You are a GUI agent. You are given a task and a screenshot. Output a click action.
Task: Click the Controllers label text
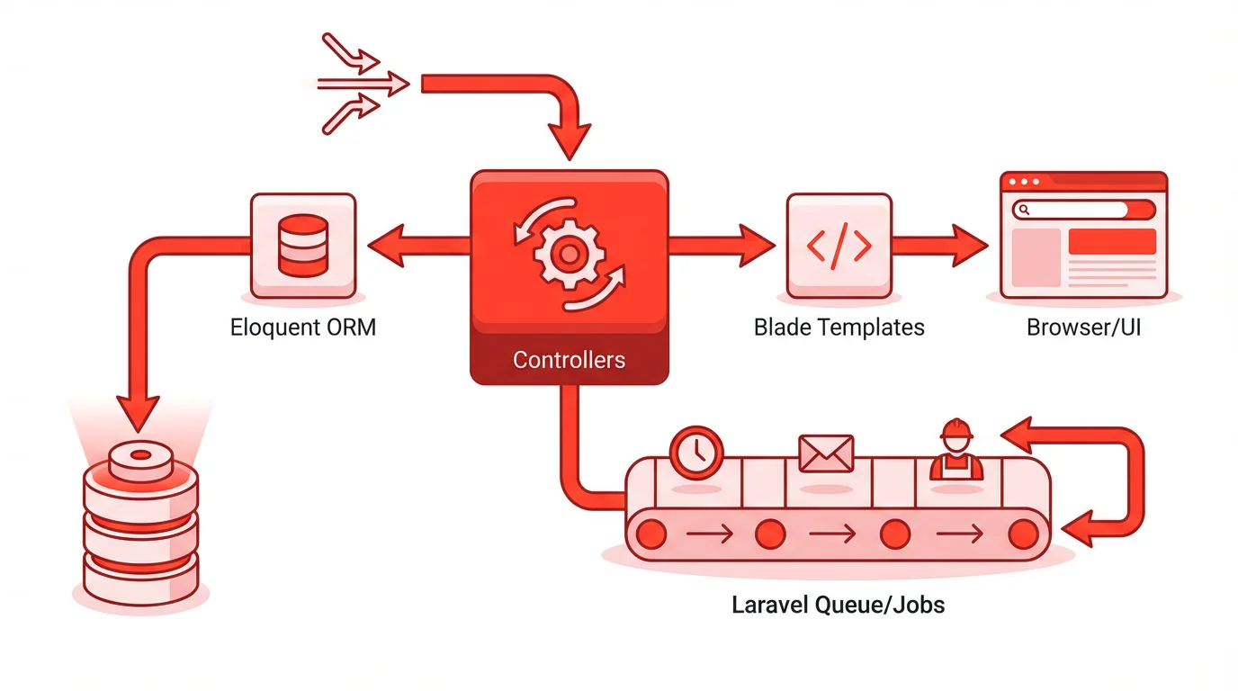click(x=569, y=360)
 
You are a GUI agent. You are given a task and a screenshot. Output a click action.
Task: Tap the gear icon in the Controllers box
click(x=569, y=254)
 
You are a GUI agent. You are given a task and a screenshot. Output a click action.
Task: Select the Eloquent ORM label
click(x=303, y=327)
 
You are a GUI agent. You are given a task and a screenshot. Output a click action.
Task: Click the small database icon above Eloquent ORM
click(x=303, y=245)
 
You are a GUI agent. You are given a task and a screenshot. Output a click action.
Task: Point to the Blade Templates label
click(x=839, y=327)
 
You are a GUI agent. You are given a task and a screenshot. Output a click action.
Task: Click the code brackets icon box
click(x=839, y=246)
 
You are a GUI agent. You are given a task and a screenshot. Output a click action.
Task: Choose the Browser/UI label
click(x=1083, y=327)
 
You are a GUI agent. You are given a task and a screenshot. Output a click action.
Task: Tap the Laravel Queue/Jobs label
click(x=839, y=604)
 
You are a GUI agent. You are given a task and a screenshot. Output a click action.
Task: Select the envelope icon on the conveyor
click(x=825, y=453)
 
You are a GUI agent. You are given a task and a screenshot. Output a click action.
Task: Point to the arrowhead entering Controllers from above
click(x=569, y=144)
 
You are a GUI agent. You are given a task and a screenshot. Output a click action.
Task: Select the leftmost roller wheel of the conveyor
click(x=650, y=534)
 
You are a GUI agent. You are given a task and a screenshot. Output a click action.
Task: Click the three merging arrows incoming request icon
click(x=360, y=84)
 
